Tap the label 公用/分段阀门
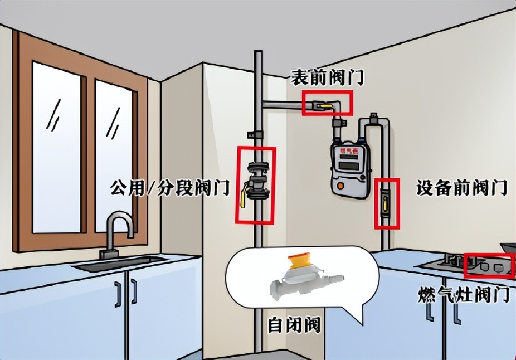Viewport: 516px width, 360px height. point(171,188)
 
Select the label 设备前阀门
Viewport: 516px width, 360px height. point(462,188)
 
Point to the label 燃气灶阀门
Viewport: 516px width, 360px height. point(464,295)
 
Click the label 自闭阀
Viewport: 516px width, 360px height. point(294,325)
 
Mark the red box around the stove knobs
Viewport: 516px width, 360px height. point(489,266)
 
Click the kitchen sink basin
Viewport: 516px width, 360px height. point(120,262)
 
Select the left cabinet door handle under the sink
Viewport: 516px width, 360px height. point(118,294)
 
